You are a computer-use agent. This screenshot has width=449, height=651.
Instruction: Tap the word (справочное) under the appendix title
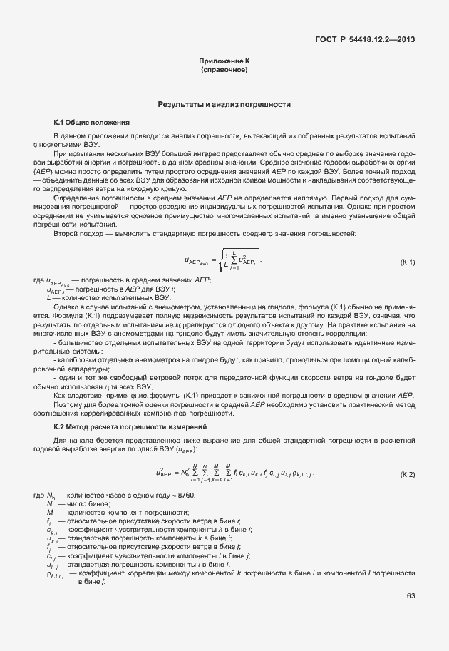pyautogui.click(x=224, y=71)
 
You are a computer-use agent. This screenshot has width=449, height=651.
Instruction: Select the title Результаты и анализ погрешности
pyautogui.click(x=224, y=104)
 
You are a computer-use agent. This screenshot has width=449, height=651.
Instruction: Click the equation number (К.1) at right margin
pyautogui.click(x=408, y=263)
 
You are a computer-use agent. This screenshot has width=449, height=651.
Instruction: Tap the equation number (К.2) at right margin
pyautogui.click(x=408, y=473)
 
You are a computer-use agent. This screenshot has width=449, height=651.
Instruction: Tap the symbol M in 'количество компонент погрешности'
pyautogui.click(x=50, y=513)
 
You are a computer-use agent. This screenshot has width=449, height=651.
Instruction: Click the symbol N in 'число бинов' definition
pyautogui.click(x=49, y=504)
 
